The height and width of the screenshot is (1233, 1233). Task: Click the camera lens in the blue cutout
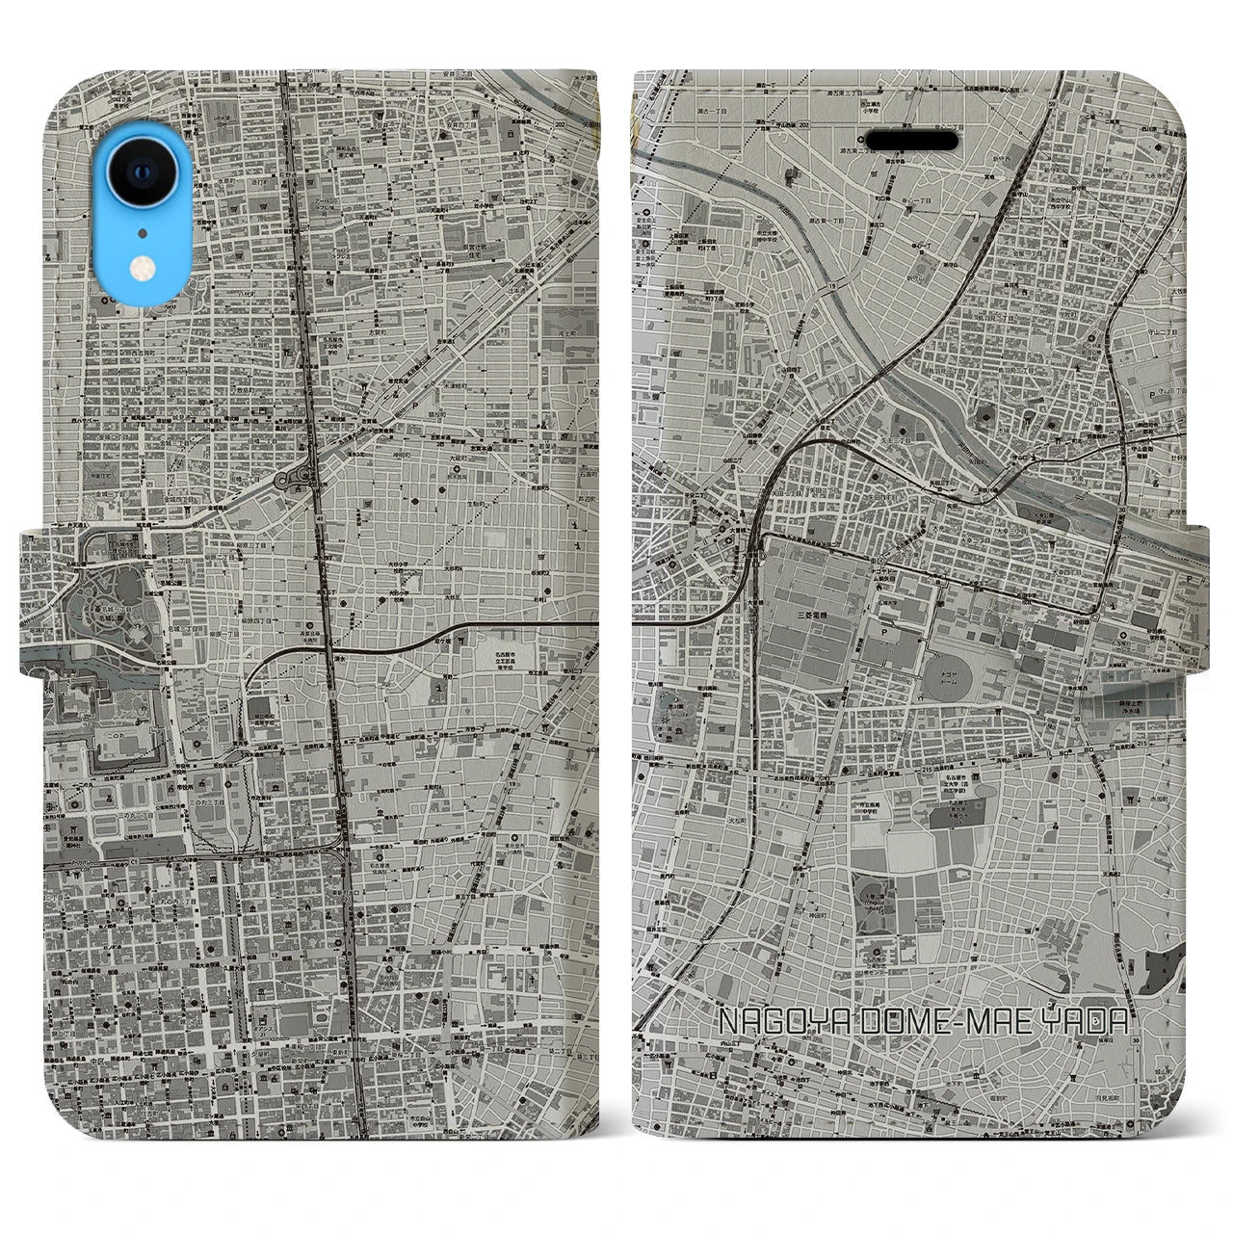pos(142,173)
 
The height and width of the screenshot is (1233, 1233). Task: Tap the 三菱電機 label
pos(811,614)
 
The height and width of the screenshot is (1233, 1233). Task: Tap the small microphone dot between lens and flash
pos(142,232)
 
